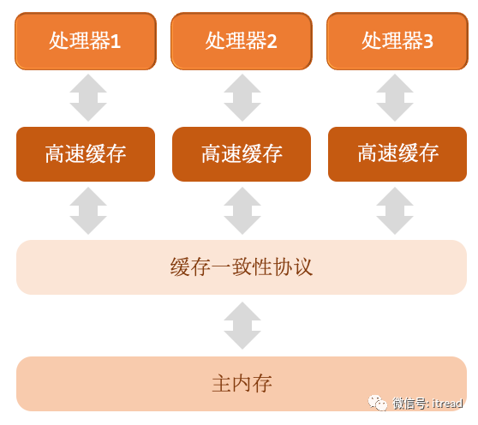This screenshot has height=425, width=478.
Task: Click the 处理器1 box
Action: [x=86, y=41]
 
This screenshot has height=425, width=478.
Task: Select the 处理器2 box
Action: [x=242, y=41]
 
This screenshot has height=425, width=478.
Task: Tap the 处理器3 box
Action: [x=397, y=41]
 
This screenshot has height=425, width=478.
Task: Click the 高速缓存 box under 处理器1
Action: [x=86, y=154]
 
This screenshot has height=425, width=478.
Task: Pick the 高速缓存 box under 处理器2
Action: [x=242, y=154]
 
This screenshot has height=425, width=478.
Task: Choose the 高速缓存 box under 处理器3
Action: [x=397, y=154]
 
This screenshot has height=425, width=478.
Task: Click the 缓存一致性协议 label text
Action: [x=242, y=267]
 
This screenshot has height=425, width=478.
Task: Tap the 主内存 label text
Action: [x=242, y=384]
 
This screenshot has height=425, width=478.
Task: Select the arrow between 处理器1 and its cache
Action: [x=88, y=98]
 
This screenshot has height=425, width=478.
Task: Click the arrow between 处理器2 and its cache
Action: [x=242, y=98]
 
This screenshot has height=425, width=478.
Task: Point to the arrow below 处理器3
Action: [x=395, y=98]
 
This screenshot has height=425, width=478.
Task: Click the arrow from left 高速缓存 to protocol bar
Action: [x=88, y=211]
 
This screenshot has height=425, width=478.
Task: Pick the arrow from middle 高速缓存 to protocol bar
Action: [x=242, y=211]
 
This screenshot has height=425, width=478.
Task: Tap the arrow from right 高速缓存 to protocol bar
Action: [x=395, y=211]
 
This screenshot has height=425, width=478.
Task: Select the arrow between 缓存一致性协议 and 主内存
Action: [x=242, y=326]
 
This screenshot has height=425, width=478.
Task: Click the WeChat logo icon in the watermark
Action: [x=378, y=403]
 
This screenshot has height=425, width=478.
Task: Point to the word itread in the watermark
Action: [x=447, y=404]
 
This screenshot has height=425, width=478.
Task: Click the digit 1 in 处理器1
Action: [x=116, y=42]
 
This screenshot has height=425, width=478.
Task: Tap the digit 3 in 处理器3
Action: [x=427, y=41]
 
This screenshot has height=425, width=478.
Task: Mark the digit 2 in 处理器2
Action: [x=272, y=41]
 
